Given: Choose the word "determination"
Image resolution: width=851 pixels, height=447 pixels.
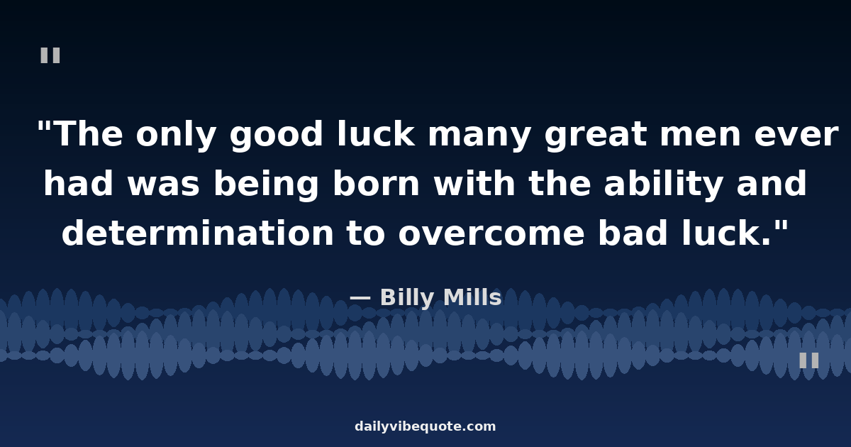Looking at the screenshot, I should click(x=198, y=234).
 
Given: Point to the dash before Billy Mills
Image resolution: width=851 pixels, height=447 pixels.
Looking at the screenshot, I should click(x=360, y=299).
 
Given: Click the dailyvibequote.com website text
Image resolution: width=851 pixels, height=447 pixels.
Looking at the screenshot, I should click(x=425, y=426).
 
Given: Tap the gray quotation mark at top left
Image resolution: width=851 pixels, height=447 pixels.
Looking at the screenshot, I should click(x=50, y=55).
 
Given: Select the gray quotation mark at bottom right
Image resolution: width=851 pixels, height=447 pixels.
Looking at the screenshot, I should click(x=809, y=360).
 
